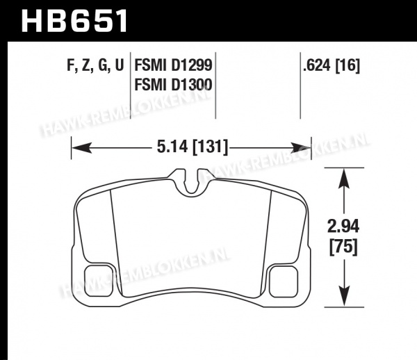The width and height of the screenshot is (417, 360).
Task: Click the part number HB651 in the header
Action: [x=74, y=21]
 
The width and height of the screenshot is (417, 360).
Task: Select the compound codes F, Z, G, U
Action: [x=95, y=65]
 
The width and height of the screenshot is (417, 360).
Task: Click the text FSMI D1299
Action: [x=173, y=65]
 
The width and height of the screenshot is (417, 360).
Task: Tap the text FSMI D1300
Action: [x=173, y=85]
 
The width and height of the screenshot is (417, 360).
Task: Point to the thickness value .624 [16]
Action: [x=332, y=65]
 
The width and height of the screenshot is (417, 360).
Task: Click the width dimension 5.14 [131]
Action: [x=193, y=147]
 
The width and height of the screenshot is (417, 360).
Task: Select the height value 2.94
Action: [x=343, y=227]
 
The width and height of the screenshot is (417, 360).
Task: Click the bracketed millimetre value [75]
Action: [x=343, y=247]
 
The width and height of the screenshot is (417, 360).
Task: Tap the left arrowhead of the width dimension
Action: [x=81, y=148]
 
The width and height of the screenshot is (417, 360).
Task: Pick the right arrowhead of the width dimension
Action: [x=300, y=148]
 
